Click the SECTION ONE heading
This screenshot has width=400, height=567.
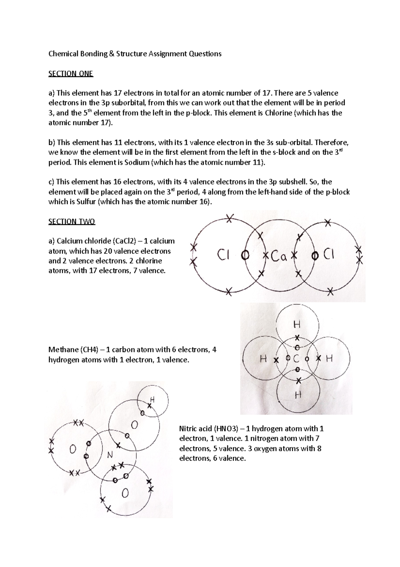click(x=71, y=73)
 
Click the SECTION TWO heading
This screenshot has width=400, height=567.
click(x=72, y=221)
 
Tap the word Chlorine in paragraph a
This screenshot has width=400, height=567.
click(x=278, y=113)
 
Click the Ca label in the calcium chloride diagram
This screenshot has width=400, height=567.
click(x=279, y=256)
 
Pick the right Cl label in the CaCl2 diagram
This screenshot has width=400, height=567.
click(x=328, y=255)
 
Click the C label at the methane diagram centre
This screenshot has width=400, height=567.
click(x=296, y=359)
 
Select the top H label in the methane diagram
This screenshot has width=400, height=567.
click(x=297, y=324)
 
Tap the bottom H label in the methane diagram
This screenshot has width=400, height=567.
click(x=298, y=395)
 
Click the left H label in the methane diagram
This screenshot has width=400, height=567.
click(x=263, y=359)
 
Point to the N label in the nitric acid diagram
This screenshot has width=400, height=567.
click(x=110, y=455)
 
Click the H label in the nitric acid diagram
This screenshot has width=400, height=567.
click(x=153, y=399)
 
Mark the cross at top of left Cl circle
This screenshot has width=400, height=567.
click(x=229, y=219)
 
